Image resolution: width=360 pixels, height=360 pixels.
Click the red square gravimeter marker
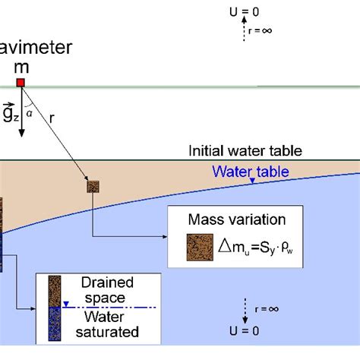pyautogui.click(x=21, y=82)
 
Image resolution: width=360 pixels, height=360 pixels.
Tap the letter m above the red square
pyautogui.click(x=22, y=67)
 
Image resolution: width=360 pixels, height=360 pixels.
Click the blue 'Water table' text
pyautogui.click(x=251, y=172)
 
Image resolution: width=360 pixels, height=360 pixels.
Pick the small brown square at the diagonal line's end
pyautogui.click(x=93, y=186)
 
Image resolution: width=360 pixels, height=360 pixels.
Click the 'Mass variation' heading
pyautogui.click(x=236, y=221)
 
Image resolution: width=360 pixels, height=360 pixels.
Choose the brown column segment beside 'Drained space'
pyautogui.click(x=55, y=292)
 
